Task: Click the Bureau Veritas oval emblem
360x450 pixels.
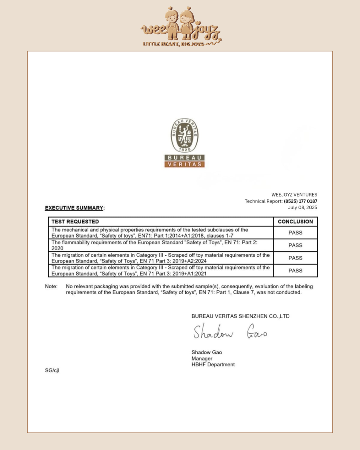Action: [185, 136]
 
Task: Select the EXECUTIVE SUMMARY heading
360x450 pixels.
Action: [74, 208]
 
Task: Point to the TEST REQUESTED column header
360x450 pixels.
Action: [75, 221]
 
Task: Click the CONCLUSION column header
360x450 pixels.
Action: [295, 221]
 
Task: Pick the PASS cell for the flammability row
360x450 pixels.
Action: [295, 245]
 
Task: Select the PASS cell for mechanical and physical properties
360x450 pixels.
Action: [295, 232]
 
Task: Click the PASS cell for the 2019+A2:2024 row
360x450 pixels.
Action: [295, 258]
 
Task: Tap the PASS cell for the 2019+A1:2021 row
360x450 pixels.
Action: [295, 270]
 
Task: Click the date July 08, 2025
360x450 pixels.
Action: [302, 207]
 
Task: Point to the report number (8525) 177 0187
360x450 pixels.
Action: [300, 201]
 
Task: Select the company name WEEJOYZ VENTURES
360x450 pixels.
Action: [294, 194]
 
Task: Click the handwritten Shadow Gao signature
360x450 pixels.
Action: [230, 332]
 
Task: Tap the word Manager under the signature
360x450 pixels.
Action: [202, 359]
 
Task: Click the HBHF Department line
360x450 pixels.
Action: [213, 365]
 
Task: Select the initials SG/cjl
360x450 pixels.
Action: [52, 370]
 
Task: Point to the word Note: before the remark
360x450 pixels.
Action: [51, 286]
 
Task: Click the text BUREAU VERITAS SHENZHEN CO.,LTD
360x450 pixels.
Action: [240, 316]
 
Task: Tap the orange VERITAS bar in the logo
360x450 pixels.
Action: [185, 164]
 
